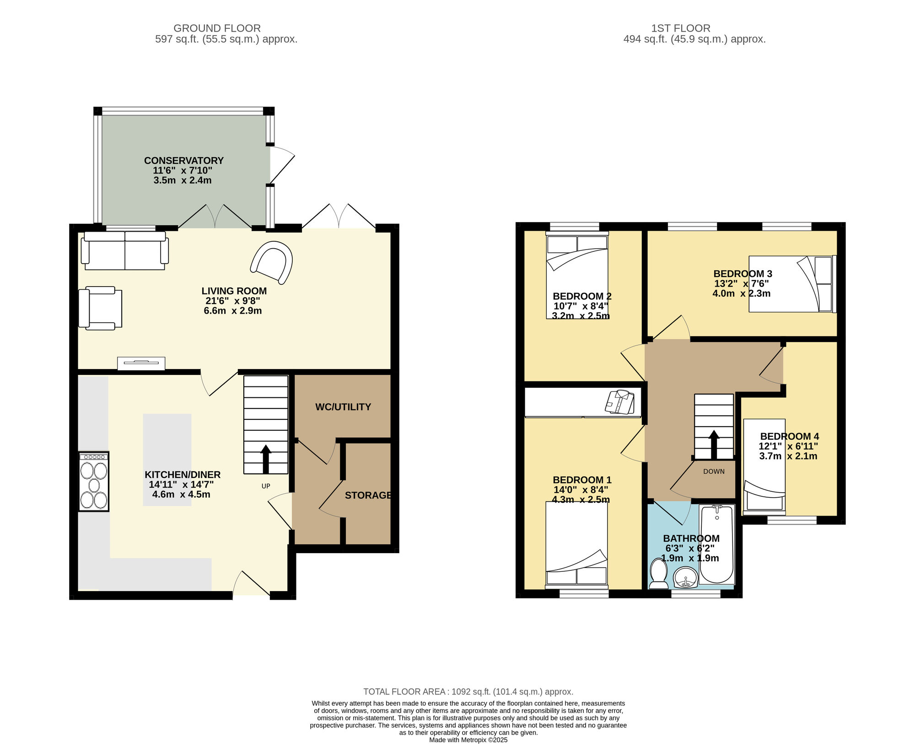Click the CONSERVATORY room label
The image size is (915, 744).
pos(184,161)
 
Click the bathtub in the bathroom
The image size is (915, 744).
pos(717,544)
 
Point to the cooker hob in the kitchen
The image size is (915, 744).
pos(94,481)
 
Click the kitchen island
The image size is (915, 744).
pos(167,460)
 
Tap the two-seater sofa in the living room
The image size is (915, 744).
pos(125,250)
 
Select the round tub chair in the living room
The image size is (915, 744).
pos(272,262)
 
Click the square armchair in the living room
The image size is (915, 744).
pos(100,308)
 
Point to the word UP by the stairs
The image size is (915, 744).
pos(266,486)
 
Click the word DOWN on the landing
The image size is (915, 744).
pos(714,472)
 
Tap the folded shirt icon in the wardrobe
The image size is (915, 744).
pos(620,402)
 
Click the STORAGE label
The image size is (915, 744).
pos(368,495)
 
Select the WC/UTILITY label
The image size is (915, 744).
pos(343,407)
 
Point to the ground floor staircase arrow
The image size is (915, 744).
pos(266,459)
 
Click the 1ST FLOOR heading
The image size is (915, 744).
pos(681,28)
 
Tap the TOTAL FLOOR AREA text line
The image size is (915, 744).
pos(468,692)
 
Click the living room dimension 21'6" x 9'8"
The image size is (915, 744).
pos(233,301)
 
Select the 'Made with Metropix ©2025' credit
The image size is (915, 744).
pos(468,740)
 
